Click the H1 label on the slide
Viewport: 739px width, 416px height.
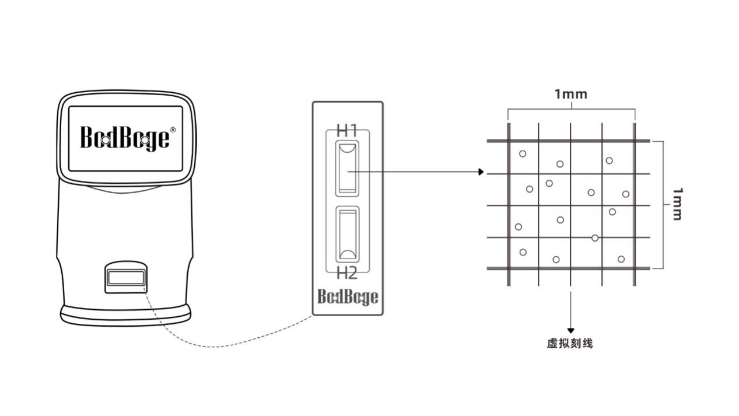click(x=346, y=131)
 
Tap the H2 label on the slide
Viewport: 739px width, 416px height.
click(x=346, y=274)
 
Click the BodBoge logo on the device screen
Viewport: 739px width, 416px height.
click(x=125, y=138)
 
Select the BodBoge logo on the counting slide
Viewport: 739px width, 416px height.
click(x=348, y=296)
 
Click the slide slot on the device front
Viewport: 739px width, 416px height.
click(x=126, y=278)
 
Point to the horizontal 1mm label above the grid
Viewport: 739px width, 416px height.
click(x=571, y=95)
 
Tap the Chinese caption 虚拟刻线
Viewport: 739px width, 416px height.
click(x=570, y=344)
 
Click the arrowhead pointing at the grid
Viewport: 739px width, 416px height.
click(x=481, y=172)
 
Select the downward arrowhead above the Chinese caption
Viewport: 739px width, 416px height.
click(x=571, y=331)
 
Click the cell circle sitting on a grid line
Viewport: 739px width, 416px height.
click(x=595, y=238)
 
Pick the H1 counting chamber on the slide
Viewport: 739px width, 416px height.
click(x=348, y=169)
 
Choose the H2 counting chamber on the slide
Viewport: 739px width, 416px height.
click(x=348, y=234)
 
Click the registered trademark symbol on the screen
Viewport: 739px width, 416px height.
click(x=173, y=130)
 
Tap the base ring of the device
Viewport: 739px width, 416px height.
click(x=126, y=316)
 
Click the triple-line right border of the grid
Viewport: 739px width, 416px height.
click(x=634, y=204)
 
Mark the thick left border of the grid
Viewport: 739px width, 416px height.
click(x=509, y=204)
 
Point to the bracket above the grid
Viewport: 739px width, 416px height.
click(x=572, y=109)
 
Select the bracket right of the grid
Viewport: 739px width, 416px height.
click(x=663, y=205)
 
